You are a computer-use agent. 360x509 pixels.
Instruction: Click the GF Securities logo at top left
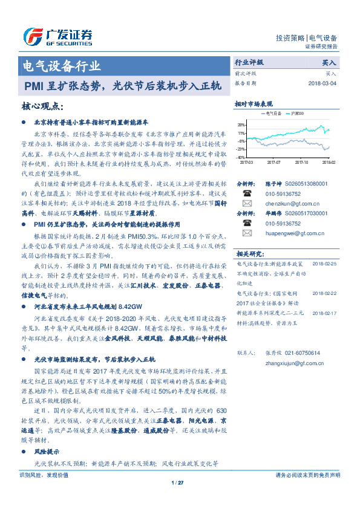[57, 36]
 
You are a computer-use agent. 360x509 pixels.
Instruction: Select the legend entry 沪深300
[298, 113]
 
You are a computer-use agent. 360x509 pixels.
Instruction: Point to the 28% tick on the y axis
[241, 124]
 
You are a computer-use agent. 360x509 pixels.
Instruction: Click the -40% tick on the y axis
[241, 157]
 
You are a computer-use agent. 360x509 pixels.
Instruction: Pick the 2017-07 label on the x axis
[273, 162]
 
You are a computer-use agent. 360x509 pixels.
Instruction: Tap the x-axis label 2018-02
[327, 162]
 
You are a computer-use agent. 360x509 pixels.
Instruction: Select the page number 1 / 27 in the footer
[177, 482]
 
